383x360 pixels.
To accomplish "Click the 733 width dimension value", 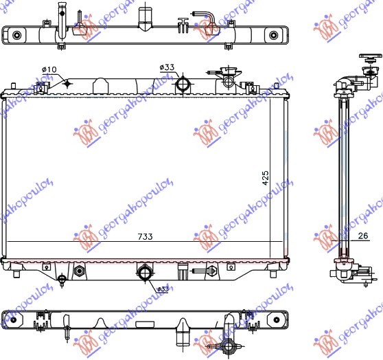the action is (x=145, y=237).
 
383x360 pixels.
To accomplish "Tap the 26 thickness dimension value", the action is (x=362, y=236).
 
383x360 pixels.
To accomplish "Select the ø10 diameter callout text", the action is (x=49, y=69).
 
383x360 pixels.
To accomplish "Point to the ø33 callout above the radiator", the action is (x=167, y=67).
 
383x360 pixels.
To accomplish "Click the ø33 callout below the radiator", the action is (x=163, y=289).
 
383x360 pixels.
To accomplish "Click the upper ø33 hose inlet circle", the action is (x=183, y=85).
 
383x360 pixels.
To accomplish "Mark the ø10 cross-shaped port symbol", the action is (x=67, y=84).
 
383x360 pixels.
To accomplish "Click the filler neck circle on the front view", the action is (x=228, y=82).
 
